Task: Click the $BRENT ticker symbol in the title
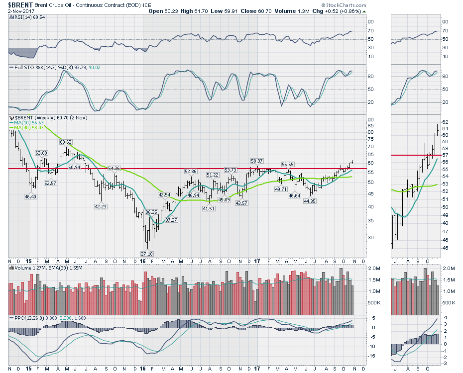tap(20, 5)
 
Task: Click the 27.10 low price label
tap(146, 253)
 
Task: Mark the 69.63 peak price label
tap(66, 142)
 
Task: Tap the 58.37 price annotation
tap(257, 161)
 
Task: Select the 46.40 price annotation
tap(30, 197)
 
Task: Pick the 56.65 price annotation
tap(288, 164)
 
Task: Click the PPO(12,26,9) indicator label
tap(28, 317)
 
